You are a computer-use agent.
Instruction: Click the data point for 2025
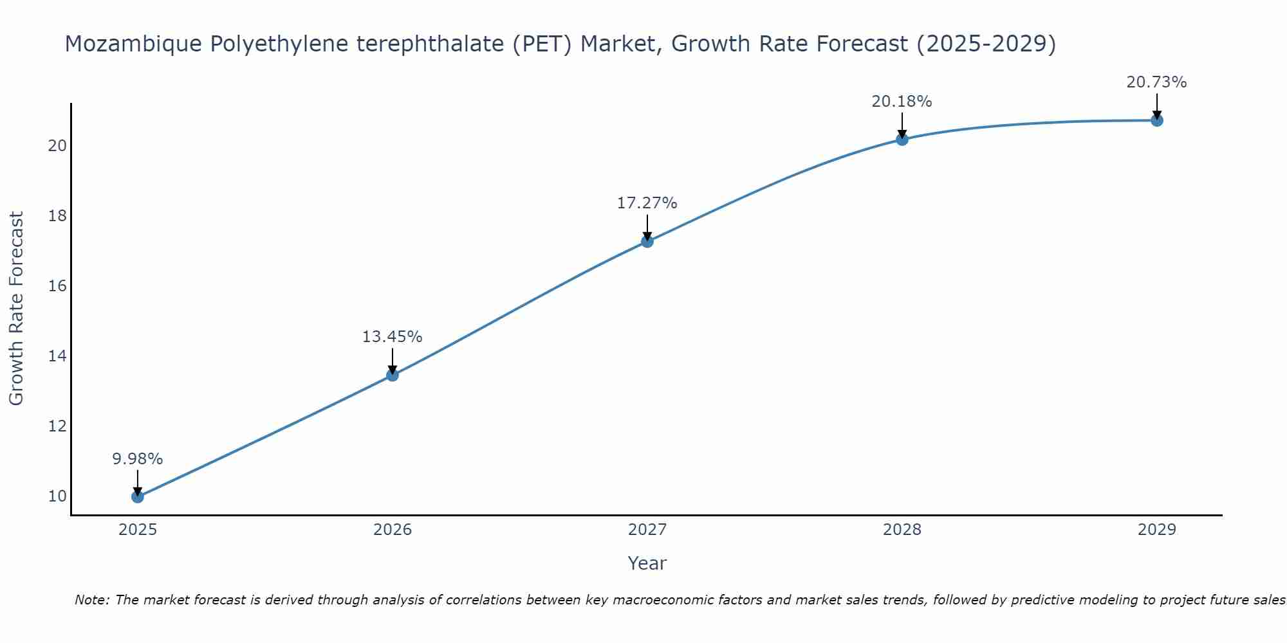coord(137,496)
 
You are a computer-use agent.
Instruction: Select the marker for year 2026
coord(392,375)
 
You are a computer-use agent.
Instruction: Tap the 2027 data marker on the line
coord(647,241)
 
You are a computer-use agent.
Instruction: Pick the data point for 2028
coord(902,139)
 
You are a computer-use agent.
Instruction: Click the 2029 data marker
coord(1156,120)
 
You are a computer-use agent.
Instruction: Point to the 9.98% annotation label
coord(137,459)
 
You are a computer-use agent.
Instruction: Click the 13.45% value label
coord(392,337)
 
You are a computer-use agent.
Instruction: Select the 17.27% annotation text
coord(647,203)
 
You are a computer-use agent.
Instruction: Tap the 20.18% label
coord(902,102)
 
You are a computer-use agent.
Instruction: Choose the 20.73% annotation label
coord(1156,82)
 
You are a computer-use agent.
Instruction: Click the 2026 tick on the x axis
coord(392,530)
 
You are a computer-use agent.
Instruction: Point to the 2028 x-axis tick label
coord(902,530)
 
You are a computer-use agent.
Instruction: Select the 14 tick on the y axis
coord(57,356)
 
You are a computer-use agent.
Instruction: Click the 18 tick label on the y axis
coord(57,215)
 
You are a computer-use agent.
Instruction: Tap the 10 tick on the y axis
coord(57,496)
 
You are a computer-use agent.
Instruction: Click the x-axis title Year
coord(647,563)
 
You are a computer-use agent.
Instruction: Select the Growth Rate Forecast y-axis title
coord(16,309)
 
